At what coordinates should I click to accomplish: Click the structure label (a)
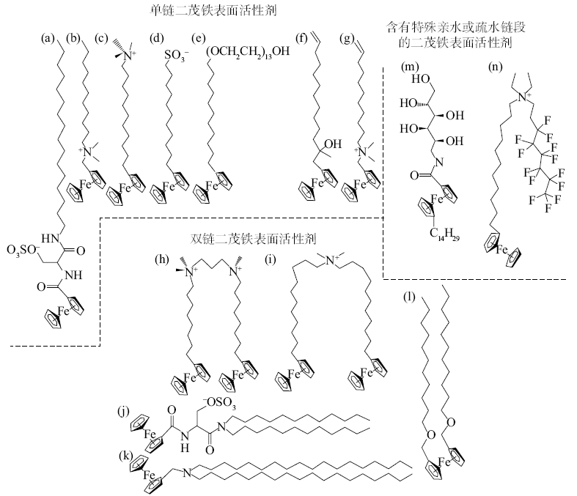pyautogui.click(x=48, y=38)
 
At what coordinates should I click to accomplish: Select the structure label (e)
pyautogui.click(x=199, y=38)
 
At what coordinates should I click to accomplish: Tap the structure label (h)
pyautogui.click(x=162, y=259)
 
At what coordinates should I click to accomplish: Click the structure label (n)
pyautogui.click(x=496, y=67)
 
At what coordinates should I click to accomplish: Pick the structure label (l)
pyautogui.click(x=409, y=297)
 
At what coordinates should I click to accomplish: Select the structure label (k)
pyautogui.click(x=126, y=456)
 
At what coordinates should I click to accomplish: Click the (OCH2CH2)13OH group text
pyautogui.click(x=248, y=51)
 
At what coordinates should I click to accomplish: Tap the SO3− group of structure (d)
pyautogui.click(x=176, y=56)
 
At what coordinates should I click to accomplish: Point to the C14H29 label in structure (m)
pyautogui.click(x=444, y=233)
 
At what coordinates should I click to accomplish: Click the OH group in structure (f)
pyautogui.click(x=333, y=144)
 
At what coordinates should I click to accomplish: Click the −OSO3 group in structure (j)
pyautogui.click(x=219, y=403)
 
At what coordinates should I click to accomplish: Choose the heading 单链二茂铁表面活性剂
pyautogui.click(x=213, y=10)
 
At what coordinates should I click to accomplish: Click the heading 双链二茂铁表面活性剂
pyautogui.click(x=253, y=239)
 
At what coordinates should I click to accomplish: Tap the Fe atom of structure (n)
pyautogui.click(x=501, y=251)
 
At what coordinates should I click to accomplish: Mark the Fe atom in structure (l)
pyautogui.click(x=444, y=462)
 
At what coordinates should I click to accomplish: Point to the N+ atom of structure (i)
pyautogui.click(x=331, y=260)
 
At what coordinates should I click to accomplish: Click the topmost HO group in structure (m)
pyautogui.click(x=421, y=79)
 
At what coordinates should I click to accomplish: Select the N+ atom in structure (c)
pyautogui.click(x=129, y=56)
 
